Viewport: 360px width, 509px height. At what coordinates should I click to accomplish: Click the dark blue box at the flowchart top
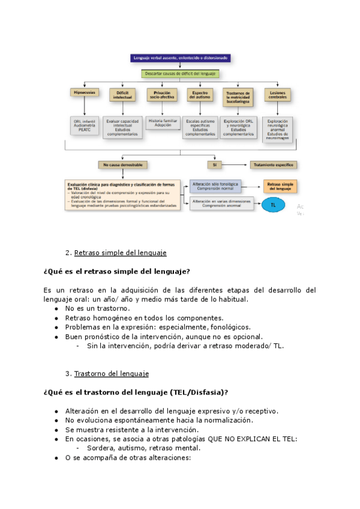pos(181,58)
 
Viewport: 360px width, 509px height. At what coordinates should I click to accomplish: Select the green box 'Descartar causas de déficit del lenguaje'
pos(181,74)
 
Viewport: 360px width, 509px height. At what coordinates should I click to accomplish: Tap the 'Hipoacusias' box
pos(85,93)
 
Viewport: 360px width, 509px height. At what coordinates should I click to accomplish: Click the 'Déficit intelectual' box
pos(122,95)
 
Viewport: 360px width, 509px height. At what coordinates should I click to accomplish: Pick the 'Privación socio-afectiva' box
pos(161,95)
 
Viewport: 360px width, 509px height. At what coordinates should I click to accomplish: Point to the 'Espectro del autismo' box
pos(200,95)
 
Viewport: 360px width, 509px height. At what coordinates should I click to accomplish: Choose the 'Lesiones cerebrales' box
pos(278,95)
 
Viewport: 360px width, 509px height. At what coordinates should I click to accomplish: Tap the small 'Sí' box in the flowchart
pos(214,164)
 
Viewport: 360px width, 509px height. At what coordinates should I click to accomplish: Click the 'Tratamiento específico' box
pos(275,164)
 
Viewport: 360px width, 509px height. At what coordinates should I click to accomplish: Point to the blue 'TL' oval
pos(274,205)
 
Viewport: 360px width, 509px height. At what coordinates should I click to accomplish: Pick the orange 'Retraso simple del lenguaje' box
pos(280,185)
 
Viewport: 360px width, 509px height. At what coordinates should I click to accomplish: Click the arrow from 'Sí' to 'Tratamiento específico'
pos(237,164)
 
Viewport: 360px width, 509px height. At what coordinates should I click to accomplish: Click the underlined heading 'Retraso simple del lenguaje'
pos(120,253)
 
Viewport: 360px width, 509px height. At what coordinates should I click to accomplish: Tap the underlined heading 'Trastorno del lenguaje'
pos(111,374)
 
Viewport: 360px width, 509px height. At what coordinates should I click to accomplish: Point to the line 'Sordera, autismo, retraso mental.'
pos(143,448)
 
